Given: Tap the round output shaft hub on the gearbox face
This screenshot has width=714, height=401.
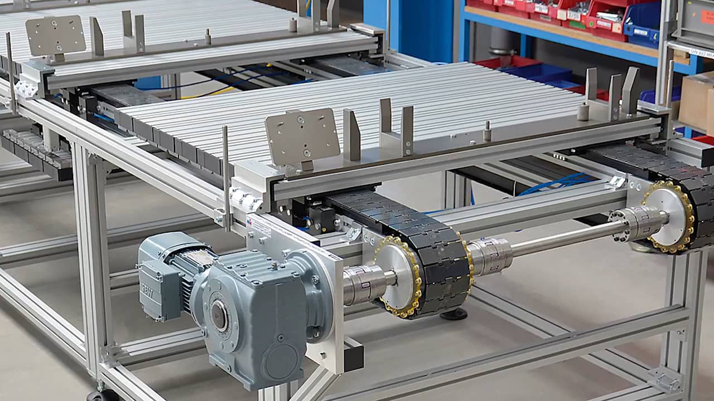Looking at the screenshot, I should (x=219, y=315).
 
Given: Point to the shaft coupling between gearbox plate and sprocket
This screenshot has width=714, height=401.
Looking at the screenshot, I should (x=366, y=284).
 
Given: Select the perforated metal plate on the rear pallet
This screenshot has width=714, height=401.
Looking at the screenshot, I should (x=55, y=35).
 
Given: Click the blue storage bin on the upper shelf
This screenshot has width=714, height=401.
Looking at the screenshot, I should (x=641, y=25).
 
